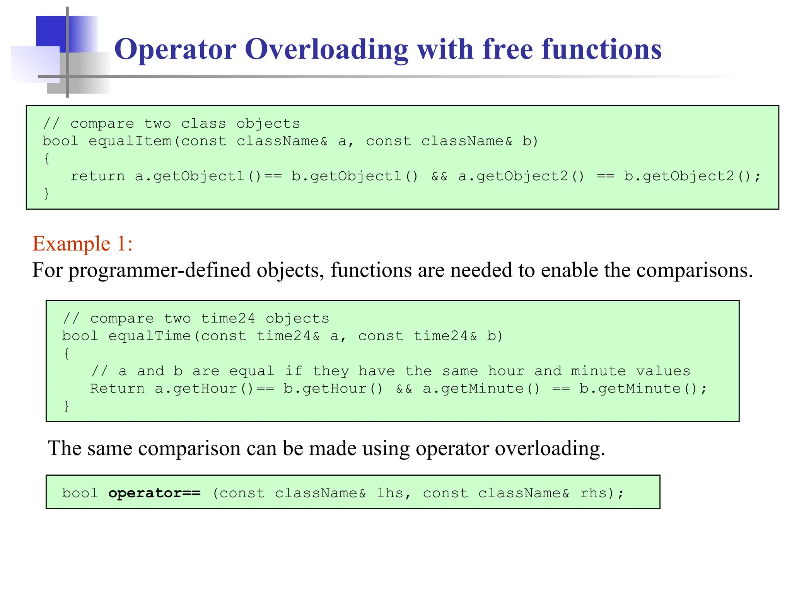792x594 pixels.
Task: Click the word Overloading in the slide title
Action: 326,49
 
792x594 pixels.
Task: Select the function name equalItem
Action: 130,141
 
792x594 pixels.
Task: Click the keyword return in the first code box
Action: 97,176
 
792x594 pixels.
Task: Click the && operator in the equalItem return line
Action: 439,176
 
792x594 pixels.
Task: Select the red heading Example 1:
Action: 82,244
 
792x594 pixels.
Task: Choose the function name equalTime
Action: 150,336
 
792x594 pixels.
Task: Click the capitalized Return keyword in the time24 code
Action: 117,389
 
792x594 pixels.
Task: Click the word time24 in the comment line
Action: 228,319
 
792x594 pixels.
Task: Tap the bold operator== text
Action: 154,493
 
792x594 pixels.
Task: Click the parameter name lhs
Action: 391,493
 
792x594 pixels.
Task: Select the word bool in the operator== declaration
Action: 80,493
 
